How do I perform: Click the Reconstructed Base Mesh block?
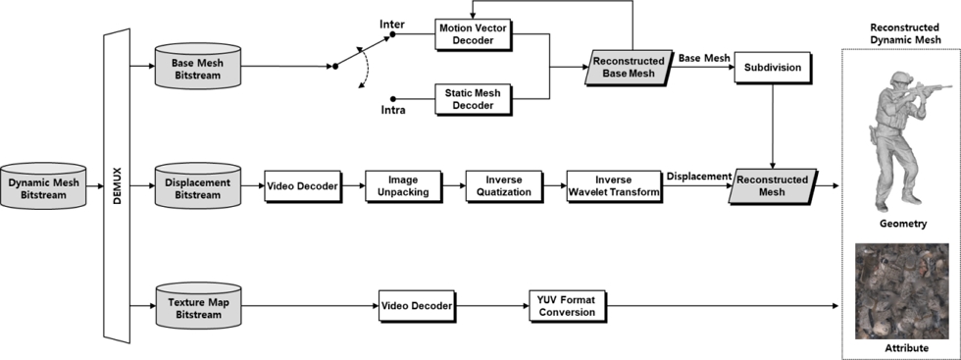pyautogui.click(x=629, y=68)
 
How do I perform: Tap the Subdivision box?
pyautogui.click(x=774, y=68)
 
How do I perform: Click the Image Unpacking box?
pyautogui.click(x=398, y=185)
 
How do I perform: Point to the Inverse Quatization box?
pyautogui.click(x=499, y=185)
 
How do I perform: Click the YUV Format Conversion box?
pyautogui.click(x=564, y=306)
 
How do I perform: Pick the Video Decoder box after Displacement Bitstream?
pyautogui.click(x=301, y=185)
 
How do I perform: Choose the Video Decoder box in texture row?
pyautogui.click(x=416, y=306)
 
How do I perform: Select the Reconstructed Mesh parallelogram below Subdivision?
pyautogui.click(x=774, y=185)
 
